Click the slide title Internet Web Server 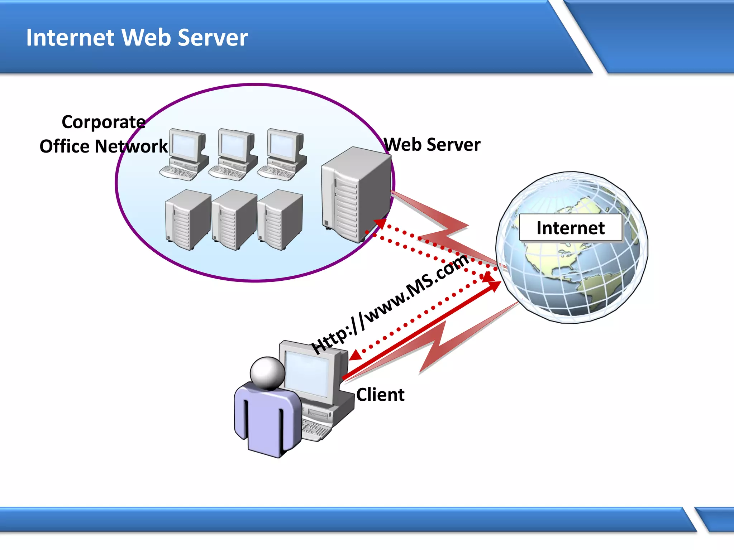pos(137,38)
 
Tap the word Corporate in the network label pos(104,122)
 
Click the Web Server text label pos(432,145)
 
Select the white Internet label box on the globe pos(570,228)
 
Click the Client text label pos(380,395)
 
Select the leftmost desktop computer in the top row pos(184,154)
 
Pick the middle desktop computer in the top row pos(233,154)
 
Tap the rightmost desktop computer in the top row pos(282,154)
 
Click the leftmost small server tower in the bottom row pos(187,220)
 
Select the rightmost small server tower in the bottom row pos(280,220)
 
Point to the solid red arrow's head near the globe pos(495,286)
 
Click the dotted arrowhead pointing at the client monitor pos(355,356)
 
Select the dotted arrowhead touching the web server pos(380,223)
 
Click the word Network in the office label pos(131,146)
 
